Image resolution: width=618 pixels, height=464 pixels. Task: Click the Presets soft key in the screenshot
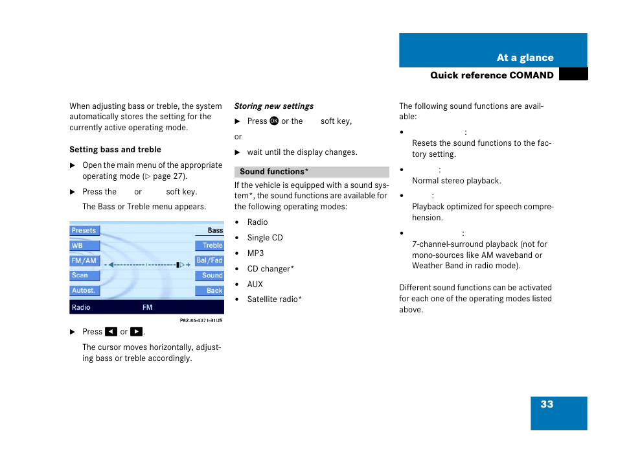tap(84, 231)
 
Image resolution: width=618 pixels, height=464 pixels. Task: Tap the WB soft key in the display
tap(84, 246)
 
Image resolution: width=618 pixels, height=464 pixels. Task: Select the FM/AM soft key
tap(84, 261)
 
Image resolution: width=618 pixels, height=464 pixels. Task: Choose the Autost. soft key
tap(84, 290)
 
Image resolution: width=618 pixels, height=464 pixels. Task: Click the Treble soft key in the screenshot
tap(210, 246)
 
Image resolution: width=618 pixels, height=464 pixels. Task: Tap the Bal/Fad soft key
tap(210, 261)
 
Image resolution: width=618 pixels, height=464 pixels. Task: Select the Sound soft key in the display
tap(210, 275)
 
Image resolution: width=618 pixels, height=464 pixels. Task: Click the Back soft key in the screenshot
tap(210, 291)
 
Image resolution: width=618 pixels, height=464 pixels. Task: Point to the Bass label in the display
tap(214, 231)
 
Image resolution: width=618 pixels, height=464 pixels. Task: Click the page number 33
tap(547, 404)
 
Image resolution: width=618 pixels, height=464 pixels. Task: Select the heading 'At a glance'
tap(525, 58)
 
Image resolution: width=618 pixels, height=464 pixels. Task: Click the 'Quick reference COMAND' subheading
tap(492, 75)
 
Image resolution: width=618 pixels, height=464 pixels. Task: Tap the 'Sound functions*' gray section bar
tap(312, 172)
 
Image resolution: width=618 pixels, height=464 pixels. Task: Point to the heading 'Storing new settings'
tap(273, 106)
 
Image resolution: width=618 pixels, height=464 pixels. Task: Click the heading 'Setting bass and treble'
tap(115, 150)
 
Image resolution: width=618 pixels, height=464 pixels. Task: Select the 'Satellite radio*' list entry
tap(274, 299)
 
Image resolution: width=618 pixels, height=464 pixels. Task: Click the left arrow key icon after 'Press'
tap(111, 332)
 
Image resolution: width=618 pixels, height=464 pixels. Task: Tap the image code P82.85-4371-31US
tap(201, 320)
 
